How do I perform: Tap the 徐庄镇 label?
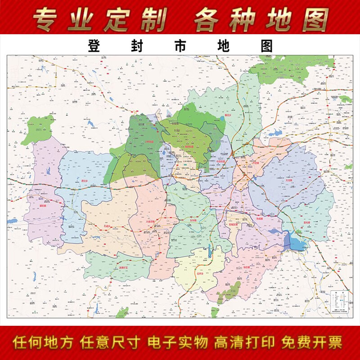tap(247, 267)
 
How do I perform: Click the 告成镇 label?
tap(258, 218)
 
